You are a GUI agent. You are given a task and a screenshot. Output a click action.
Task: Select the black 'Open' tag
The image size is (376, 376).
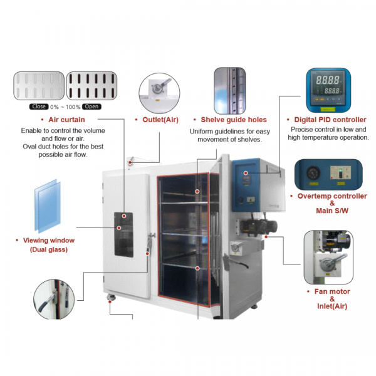click(91, 107)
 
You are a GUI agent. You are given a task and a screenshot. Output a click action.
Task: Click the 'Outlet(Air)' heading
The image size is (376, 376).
click(160, 119)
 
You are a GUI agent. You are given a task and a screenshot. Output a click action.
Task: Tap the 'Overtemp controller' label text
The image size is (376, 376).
click(332, 196)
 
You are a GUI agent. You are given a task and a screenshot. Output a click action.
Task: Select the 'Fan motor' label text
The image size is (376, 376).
click(332, 291)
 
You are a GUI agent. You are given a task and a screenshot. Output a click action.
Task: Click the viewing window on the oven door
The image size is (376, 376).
click(123, 233)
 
